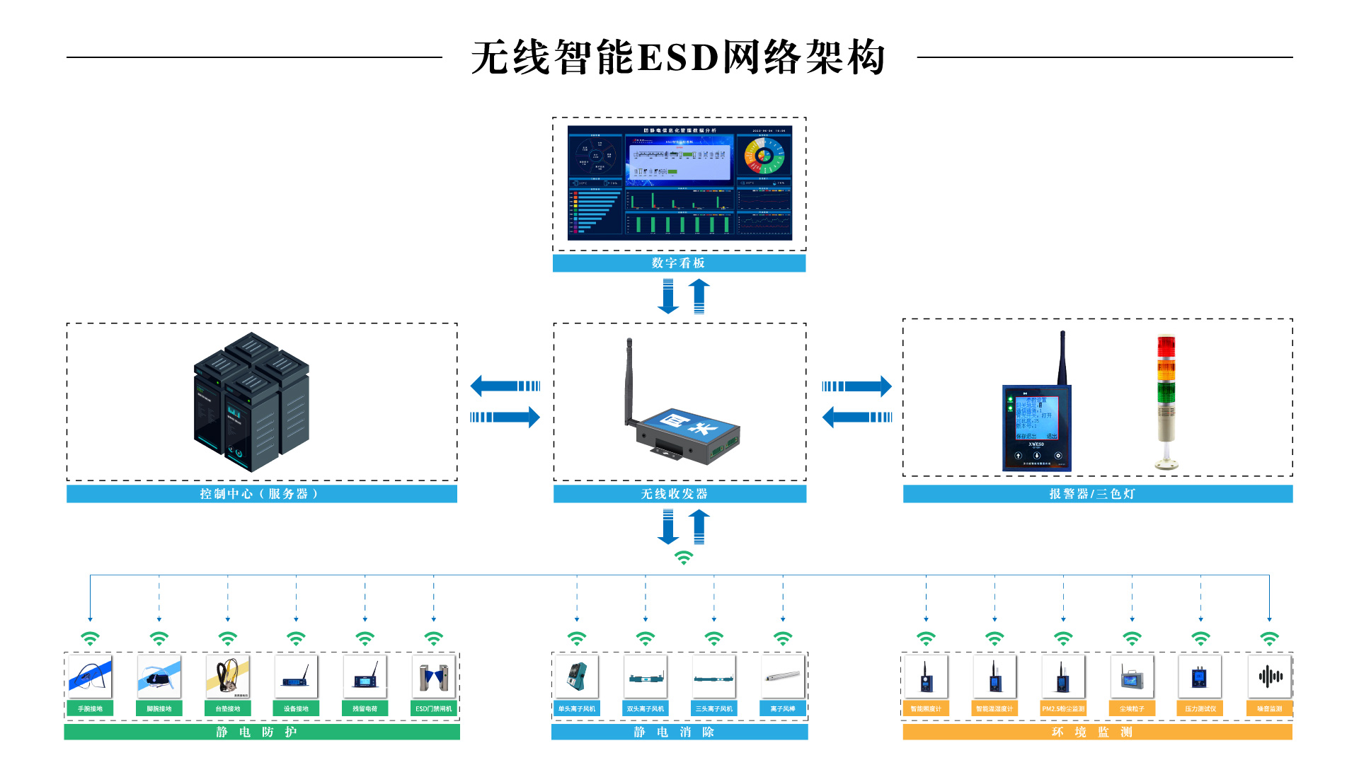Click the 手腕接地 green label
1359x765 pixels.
tap(90, 708)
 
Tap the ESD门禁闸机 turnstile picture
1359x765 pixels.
tap(433, 677)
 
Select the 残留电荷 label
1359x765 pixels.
tap(365, 708)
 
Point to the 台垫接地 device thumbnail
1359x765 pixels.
tap(227, 677)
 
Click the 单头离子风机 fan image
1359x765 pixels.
tap(577, 677)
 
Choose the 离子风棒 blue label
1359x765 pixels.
tap(783, 708)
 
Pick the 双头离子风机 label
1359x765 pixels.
tap(646, 708)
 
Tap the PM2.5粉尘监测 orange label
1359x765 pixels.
tap(1063, 708)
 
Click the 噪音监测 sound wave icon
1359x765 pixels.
tap(1270, 677)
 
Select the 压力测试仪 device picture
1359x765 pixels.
tap(1200, 677)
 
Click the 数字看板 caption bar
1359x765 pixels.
tap(679, 263)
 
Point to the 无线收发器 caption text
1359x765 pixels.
tap(675, 494)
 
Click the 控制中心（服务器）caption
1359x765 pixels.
tap(260, 494)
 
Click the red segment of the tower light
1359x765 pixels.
tap(1166, 347)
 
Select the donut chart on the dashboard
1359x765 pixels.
tap(764, 155)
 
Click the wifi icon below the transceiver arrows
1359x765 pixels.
tap(684, 558)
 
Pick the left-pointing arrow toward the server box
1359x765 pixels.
tap(505, 386)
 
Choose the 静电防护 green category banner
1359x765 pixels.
tap(261, 732)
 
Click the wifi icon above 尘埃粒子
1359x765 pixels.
tap(1132, 639)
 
